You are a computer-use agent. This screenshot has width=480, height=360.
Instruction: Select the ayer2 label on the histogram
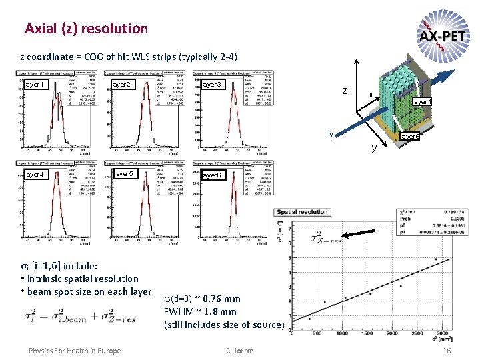point(121,85)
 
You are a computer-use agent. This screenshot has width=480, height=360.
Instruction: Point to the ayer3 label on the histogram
point(211,85)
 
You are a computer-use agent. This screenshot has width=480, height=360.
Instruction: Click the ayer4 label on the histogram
point(35,175)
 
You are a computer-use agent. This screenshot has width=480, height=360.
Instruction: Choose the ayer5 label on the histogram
point(125,175)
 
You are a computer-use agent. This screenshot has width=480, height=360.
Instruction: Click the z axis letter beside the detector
point(344,91)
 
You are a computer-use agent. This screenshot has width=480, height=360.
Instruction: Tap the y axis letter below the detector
point(374,147)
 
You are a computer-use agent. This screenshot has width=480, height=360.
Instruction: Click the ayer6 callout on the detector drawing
point(409,137)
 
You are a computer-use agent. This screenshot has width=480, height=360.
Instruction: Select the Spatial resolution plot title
point(303,212)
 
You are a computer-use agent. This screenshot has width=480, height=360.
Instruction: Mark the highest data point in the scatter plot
point(435,259)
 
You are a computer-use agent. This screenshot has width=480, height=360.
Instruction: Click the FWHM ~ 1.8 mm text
point(200,311)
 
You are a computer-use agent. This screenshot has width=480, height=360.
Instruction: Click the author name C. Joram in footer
point(239,351)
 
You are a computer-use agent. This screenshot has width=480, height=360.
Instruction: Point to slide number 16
point(447,351)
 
